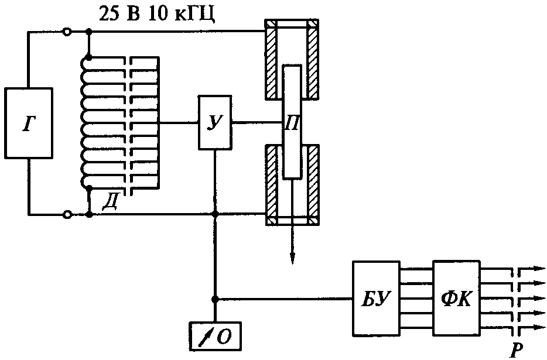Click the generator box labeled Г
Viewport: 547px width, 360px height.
click(x=29, y=123)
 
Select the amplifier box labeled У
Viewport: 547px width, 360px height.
click(x=215, y=122)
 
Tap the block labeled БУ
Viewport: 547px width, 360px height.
click(x=376, y=299)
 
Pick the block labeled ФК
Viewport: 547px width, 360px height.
click(x=457, y=298)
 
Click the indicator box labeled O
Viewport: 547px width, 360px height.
click(x=215, y=336)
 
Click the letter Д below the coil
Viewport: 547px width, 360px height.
click(x=110, y=202)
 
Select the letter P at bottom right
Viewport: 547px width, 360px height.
click(x=515, y=349)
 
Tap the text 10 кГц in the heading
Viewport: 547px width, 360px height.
click(x=182, y=15)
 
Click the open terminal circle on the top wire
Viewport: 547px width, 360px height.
click(x=67, y=32)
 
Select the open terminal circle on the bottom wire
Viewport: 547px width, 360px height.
click(x=67, y=214)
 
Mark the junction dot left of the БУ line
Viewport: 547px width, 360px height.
click(x=215, y=299)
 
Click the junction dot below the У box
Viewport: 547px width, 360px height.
click(x=215, y=214)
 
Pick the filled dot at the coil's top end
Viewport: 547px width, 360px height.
click(x=89, y=57)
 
